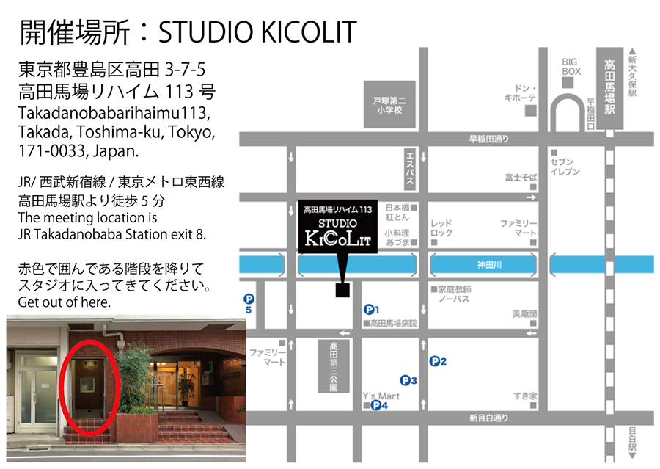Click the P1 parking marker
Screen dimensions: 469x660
click(370, 310)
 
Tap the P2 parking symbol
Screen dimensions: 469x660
click(435, 360)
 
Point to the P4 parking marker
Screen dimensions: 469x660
click(376, 405)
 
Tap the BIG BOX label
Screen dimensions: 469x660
click(571, 67)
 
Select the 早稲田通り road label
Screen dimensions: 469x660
click(489, 139)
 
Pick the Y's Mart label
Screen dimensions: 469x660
click(381, 396)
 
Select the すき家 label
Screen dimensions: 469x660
click(526, 396)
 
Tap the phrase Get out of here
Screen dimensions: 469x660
click(65, 302)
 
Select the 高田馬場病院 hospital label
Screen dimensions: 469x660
click(393, 323)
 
